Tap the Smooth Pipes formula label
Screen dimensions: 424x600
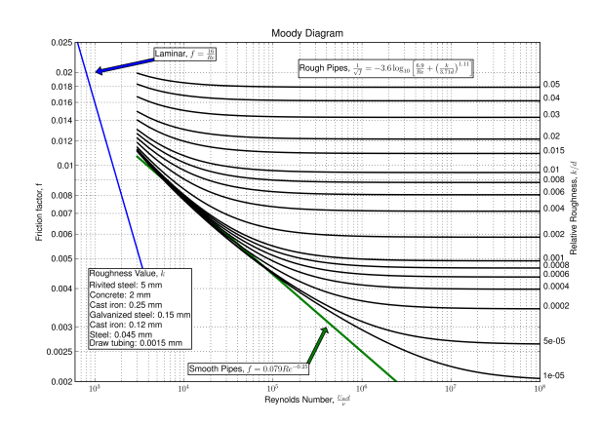(249, 368)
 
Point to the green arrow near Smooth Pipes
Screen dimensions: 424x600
(318, 344)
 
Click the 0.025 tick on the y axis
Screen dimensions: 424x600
(61, 44)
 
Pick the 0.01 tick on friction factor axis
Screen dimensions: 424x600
(64, 166)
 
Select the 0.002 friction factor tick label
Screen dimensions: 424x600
(61, 380)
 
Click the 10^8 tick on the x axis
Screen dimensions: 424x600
(540, 390)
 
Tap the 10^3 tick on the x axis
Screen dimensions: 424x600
(95, 390)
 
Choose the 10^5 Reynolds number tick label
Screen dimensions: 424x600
(272, 390)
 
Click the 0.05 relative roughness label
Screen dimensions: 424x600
(551, 86)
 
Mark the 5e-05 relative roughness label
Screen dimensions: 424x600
(553, 341)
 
